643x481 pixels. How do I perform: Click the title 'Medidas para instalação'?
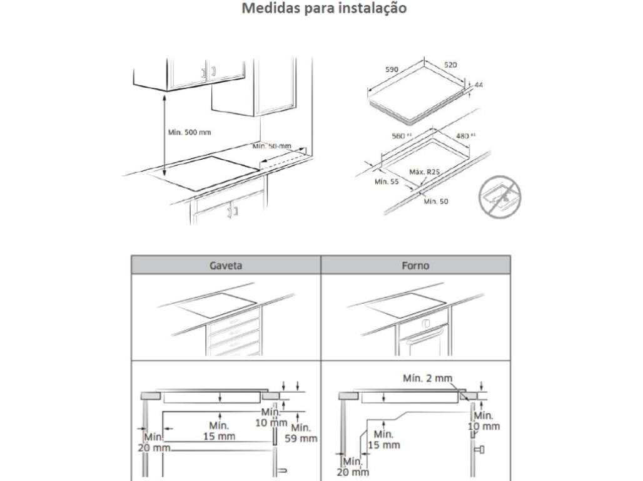pos(324,9)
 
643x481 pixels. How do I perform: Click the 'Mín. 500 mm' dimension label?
pos(190,132)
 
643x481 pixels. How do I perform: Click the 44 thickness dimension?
pos(479,84)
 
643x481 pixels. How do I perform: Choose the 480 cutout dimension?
pos(463,135)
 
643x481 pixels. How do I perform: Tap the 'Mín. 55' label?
pos(387,182)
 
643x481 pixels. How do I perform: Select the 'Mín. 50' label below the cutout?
pos(435,201)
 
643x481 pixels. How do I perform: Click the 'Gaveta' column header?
pos(225,265)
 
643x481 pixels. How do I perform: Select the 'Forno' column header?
pos(415,265)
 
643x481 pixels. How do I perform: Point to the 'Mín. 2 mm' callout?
pos(428,378)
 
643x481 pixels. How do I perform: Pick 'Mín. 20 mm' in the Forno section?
pos(353,467)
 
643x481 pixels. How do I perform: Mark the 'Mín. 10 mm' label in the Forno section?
pos(484,421)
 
